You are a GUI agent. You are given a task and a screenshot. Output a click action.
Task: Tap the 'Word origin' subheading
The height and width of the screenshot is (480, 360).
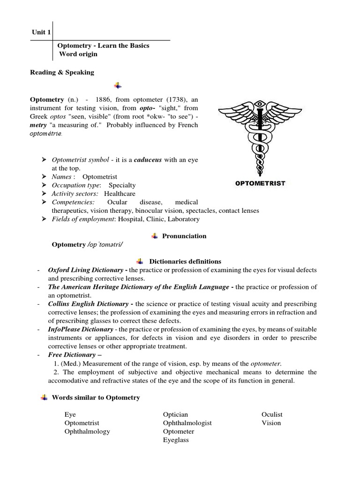[78, 54]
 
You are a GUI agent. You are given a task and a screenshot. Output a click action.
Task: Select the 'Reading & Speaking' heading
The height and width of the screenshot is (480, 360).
[62, 72]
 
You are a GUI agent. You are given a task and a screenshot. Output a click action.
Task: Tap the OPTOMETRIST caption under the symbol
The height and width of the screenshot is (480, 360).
[259, 183]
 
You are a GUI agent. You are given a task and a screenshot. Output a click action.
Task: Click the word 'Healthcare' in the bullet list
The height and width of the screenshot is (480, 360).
[120, 194]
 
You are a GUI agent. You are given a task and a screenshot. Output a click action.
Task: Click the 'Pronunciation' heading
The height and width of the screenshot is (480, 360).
[184, 236]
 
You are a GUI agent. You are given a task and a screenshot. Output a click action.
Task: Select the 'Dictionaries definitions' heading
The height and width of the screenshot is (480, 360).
[185, 261]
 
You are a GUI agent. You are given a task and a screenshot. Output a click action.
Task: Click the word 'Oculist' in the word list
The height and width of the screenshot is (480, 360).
[272, 414]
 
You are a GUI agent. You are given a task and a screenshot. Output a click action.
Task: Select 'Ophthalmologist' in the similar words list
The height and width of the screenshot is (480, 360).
[187, 423]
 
